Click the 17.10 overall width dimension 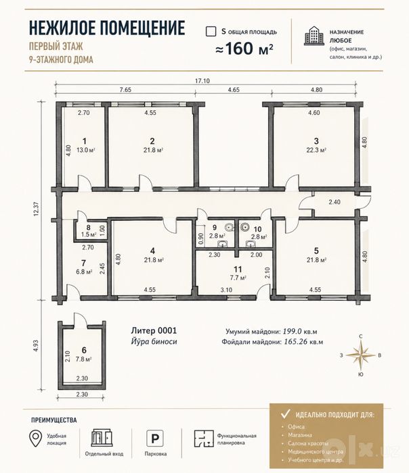(202, 81)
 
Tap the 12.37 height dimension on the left (37, 208)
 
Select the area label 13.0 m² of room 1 (86, 150)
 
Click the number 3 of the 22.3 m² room (316, 141)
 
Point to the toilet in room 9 (230, 226)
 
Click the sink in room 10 (251, 243)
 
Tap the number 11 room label (238, 269)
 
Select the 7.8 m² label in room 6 (83, 359)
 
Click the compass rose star (361, 355)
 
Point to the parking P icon (155, 439)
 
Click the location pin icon (35, 439)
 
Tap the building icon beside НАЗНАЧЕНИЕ (314, 36)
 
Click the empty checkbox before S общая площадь (211, 31)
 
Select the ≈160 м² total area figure (244, 48)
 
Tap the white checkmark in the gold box (285, 414)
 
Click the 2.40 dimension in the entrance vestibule (335, 202)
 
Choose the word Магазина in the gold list (300, 435)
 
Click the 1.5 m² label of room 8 (89, 234)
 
